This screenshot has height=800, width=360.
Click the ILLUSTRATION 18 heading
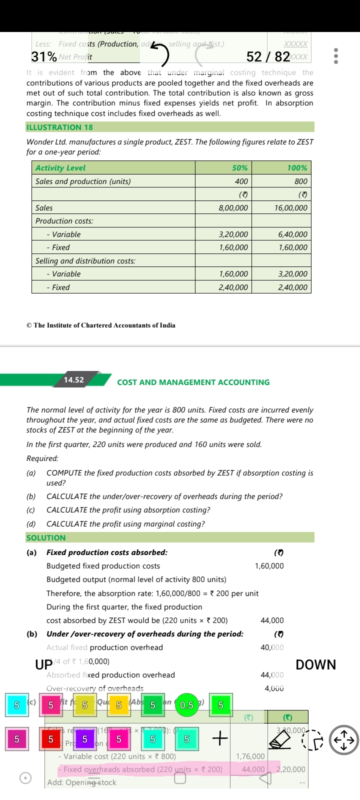pyautogui.click(x=59, y=127)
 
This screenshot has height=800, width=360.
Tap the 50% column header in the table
pyautogui.click(x=239, y=168)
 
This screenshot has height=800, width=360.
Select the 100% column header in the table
pyautogui.click(x=297, y=168)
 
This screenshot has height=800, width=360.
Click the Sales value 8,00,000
pyautogui.click(x=233, y=208)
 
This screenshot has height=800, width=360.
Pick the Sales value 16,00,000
pyautogui.click(x=291, y=208)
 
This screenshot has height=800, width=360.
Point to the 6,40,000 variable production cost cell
pyautogui.click(x=292, y=234)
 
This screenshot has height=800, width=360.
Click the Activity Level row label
pyautogui.click(x=60, y=168)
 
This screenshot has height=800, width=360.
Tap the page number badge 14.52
pyautogui.click(x=74, y=380)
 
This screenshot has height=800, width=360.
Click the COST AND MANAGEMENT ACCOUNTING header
pyautogui.click(x=193, y=382)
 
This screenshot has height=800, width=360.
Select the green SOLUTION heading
pyautogui.click(x=46, y=538)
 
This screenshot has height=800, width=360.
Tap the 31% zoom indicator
pyautogui.click(x=44, y=56)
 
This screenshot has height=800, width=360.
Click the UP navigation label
pyautogui.click(x=44, y=665)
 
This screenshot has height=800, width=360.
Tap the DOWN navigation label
pyautogui.click(x=315, y=665)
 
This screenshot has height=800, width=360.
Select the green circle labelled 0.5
pyautogui.click(x=186, y=705)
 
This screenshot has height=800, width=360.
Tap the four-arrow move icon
pyautogui.click(x=344, y=740)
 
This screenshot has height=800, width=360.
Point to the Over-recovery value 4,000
pyautogui.click(x=274, y=688)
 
